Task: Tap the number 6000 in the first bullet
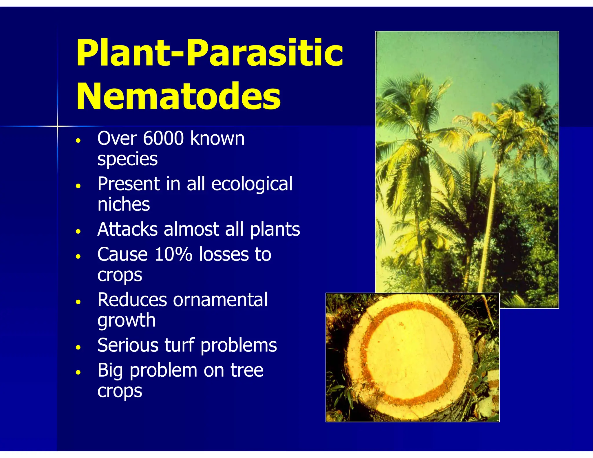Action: coord(163,138)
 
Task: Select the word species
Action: coord(127,159)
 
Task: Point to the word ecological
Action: coord(252,184)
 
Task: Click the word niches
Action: coord(124,204)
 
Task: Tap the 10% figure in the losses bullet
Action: coord(173,254)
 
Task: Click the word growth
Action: coord(127,320)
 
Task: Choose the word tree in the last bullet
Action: coord(247,370)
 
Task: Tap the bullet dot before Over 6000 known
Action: coord(78,141)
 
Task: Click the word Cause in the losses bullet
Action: coord(123,254)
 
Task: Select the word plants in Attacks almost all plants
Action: coord(275,229)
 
